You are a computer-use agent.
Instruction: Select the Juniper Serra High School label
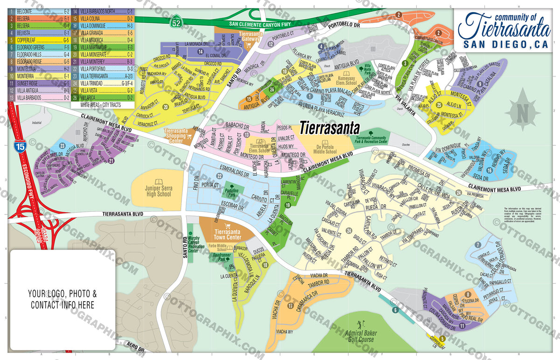(x=158, y=191)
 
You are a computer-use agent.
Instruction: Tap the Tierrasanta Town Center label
(x=227, y=234)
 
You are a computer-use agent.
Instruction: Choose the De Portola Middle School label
(x=325, y=149)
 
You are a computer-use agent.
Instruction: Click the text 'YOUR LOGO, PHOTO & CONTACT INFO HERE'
(x=63, y=299)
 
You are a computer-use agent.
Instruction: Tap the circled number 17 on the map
(x=290, y=306)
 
